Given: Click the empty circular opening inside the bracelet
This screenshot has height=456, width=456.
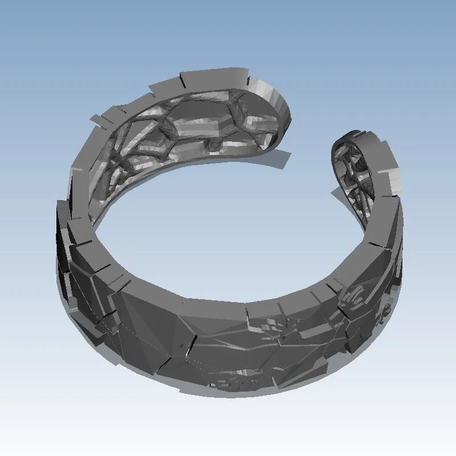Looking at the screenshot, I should pos(228,228).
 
